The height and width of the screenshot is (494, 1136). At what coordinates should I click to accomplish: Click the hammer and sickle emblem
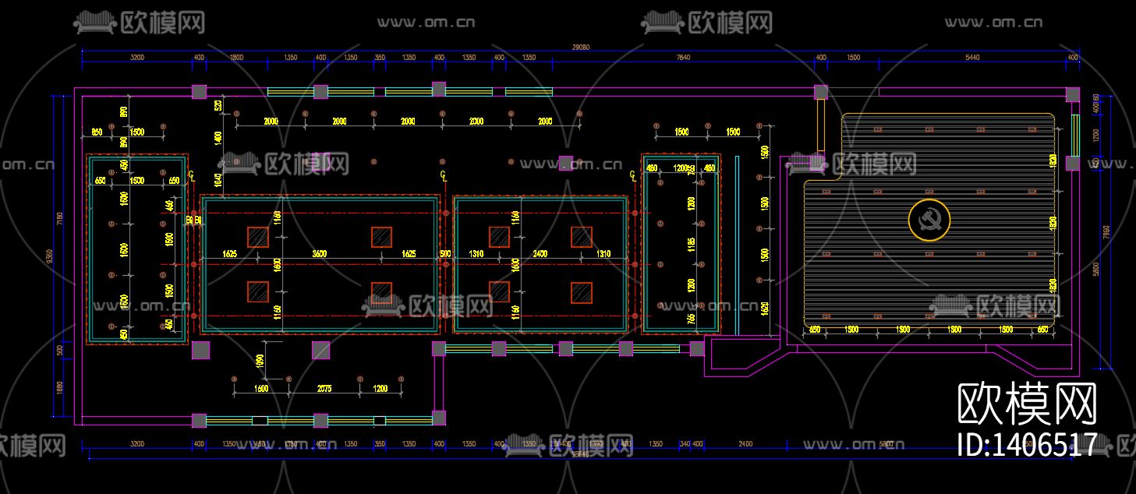(929, 220)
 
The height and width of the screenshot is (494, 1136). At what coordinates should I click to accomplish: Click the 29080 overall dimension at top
(581, 47)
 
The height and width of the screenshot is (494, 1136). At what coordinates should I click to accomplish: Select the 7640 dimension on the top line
(683, 58)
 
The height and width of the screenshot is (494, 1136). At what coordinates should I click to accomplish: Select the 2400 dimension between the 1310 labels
(540, 254)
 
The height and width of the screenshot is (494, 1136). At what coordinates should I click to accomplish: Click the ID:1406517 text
(1027, 444)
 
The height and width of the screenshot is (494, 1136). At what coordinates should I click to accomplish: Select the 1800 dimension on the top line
(237, 58)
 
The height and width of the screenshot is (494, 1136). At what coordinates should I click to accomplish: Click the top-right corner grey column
(1073, 94)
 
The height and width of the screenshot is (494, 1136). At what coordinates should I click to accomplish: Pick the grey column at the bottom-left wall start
(199, 421)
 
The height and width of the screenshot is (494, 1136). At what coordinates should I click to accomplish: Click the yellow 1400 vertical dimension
(218, 137)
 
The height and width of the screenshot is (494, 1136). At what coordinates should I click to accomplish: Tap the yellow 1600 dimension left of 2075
(261, 388)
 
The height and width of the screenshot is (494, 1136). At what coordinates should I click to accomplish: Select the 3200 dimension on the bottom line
(137, 444)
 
